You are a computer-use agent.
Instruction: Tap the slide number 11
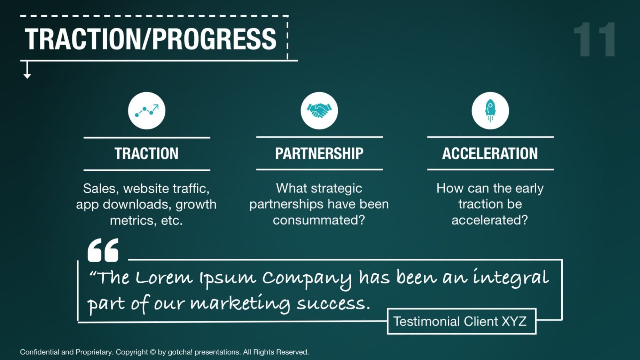[595, 39]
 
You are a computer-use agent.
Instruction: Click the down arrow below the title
[27, 70]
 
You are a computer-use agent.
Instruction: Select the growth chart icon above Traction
[147, 111]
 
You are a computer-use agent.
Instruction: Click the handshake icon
[319, 111]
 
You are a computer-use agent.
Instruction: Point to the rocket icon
[490, 111]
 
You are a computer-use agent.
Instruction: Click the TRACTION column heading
[147, 154]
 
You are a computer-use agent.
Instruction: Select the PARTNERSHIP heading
[319, 154]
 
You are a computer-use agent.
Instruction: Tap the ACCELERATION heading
[490, 154]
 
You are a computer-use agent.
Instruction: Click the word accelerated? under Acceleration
[490, 220]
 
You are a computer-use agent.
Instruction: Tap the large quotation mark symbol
[103, 250]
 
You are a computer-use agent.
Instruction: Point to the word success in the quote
[333, 303]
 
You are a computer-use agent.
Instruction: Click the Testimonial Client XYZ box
[461, 321]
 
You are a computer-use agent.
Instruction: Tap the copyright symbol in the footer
[153, 352]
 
